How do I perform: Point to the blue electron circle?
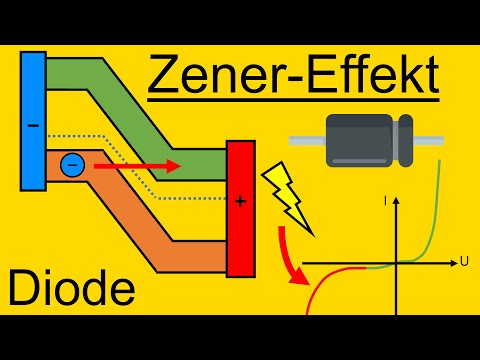click(71, 166)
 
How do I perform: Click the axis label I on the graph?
click(384, 202)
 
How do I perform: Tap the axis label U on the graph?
click(465, 262)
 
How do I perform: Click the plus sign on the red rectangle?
click(240, 200)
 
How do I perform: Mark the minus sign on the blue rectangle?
click(32, 127)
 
